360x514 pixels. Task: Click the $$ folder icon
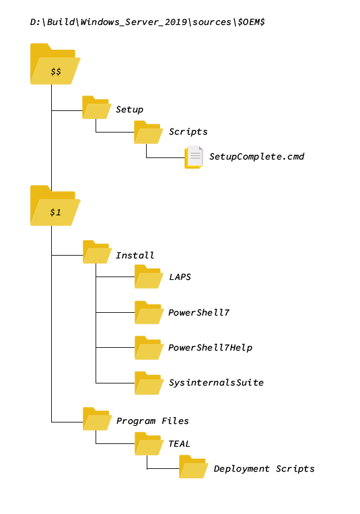55,64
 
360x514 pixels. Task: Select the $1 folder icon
55,206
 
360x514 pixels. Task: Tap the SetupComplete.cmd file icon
193,157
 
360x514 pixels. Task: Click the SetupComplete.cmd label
257,157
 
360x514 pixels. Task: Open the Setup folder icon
96,108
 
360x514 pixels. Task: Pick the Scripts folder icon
148,133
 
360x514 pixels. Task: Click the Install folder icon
98,252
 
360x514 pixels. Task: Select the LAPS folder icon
149,277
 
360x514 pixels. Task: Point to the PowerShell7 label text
199,313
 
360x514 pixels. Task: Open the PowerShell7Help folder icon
149,348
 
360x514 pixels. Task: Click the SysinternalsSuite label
216,383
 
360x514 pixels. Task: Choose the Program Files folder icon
98,419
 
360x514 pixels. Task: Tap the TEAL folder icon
149,444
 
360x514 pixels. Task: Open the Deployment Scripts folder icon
193,467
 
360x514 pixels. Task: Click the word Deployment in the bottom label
242,469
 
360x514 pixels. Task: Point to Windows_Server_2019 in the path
134,22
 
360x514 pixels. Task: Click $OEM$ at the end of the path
251,22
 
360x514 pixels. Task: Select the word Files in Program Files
175,421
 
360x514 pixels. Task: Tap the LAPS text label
180,277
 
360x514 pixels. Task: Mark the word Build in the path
61,22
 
